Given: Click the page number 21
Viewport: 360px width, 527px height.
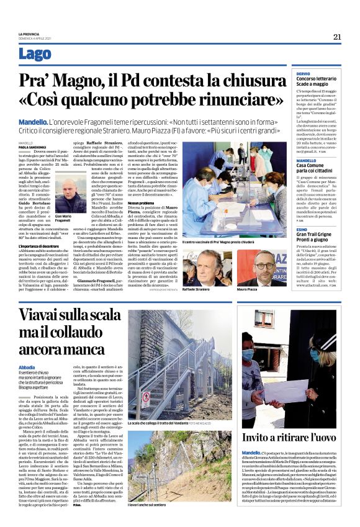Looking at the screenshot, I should (337, 37).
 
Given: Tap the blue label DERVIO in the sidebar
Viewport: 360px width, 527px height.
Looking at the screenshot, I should (303, 73).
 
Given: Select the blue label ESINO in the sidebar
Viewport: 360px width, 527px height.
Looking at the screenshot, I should (302, 229).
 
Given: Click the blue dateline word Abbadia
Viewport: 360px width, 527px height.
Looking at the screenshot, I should (27, 367).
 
